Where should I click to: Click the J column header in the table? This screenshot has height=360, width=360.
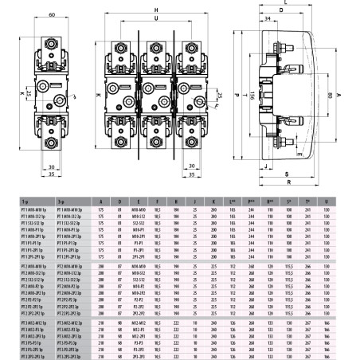pos(195,200)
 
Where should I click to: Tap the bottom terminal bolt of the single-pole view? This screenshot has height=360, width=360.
pos(49,144)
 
